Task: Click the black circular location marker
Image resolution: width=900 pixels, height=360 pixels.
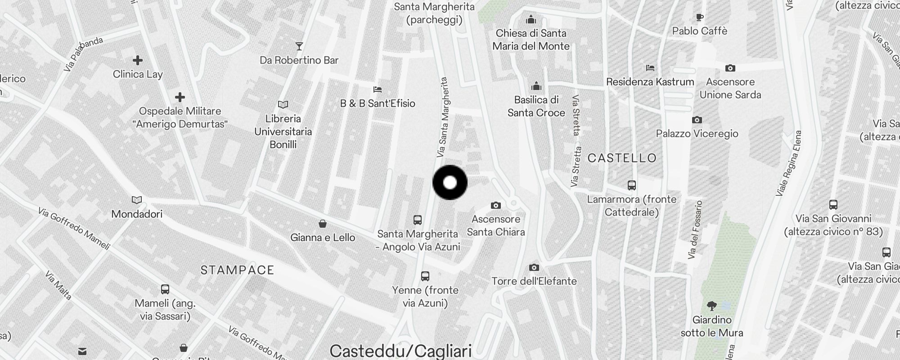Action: [x=450, y=182]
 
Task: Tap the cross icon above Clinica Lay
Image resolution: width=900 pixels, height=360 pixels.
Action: [x=138, y=60]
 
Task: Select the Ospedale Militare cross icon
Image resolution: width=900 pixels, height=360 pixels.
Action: [x=180, y=97]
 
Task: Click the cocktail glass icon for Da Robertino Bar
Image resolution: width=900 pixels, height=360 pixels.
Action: [x=299, y=46]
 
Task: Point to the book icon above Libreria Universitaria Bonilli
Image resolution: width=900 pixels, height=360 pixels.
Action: [x=283, y=105]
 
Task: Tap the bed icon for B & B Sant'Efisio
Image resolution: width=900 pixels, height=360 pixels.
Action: [x=378, y=90]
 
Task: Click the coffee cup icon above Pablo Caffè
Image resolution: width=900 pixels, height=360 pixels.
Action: [x=699, y=18]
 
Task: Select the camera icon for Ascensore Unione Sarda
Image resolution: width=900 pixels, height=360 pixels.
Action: [x=730, y=68]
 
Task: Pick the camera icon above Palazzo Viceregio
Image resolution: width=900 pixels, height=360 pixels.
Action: [x=697, y=120]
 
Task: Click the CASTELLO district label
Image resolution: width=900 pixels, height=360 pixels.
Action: [x=622, y=158]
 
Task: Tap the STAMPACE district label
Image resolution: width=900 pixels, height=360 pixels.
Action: [x=237, y=270]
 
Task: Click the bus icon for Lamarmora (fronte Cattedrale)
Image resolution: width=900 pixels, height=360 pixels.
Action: [x=632, y=185]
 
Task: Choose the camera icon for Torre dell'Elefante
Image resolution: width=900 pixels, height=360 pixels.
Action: [x=534, y=268]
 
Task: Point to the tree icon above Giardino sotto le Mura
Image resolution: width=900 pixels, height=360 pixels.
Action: [x=712, y=306]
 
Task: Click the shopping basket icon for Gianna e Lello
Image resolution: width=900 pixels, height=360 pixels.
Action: [x=323, y=224]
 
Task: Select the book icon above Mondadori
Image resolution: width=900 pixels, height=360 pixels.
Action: [x=137, y=200]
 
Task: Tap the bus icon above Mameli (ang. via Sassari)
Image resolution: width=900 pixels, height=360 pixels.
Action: [x=165, y=289]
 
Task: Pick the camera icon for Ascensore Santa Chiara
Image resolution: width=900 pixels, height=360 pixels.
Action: [x=495, y=206]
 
